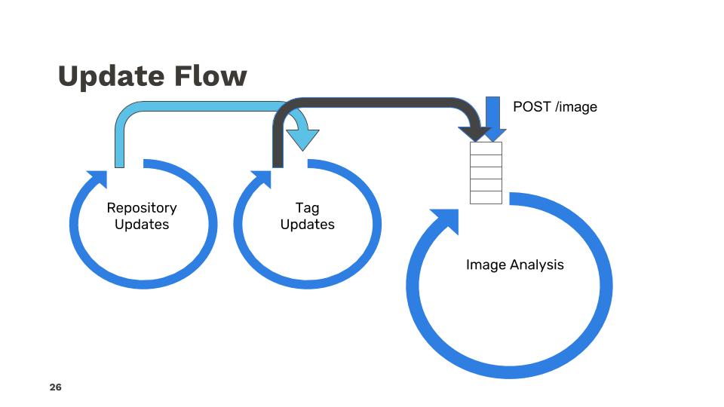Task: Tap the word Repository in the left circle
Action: pos(142,208)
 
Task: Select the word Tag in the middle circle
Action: pos(307,208)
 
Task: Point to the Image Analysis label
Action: pos(514,265)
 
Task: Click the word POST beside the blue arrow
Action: pos(532,107)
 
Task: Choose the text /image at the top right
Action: pos(575,107)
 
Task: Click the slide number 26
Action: pos(55,387)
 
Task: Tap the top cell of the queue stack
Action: pos(486,148)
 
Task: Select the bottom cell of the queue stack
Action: pos(486,197)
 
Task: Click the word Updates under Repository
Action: pos(142,225)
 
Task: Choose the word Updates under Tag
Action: pos(307,225)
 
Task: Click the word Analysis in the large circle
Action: pos(536,265)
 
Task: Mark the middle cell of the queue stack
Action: pos(486,173)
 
